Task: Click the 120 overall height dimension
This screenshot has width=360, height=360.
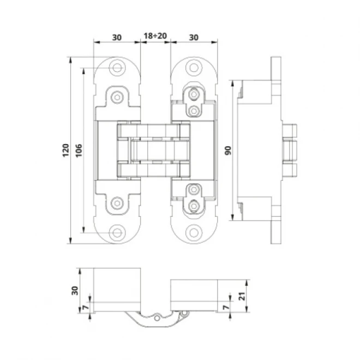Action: pos(65,149)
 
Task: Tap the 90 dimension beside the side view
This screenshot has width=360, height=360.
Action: pos(226,150)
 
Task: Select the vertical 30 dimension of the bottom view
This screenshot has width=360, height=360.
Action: pos(75,289)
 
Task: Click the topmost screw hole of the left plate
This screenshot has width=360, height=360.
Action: pos(117,68)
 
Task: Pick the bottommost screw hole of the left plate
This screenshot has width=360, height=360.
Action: pos(117,232)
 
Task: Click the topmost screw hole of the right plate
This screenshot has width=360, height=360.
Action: pos(194,68)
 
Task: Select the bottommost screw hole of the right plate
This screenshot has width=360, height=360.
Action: pos(194,232)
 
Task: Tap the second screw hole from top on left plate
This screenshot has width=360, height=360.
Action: pos(117,97)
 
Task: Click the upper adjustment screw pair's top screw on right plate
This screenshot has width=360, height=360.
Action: pos(193,94)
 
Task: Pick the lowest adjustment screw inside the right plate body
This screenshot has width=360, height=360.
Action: pos(193,207)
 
